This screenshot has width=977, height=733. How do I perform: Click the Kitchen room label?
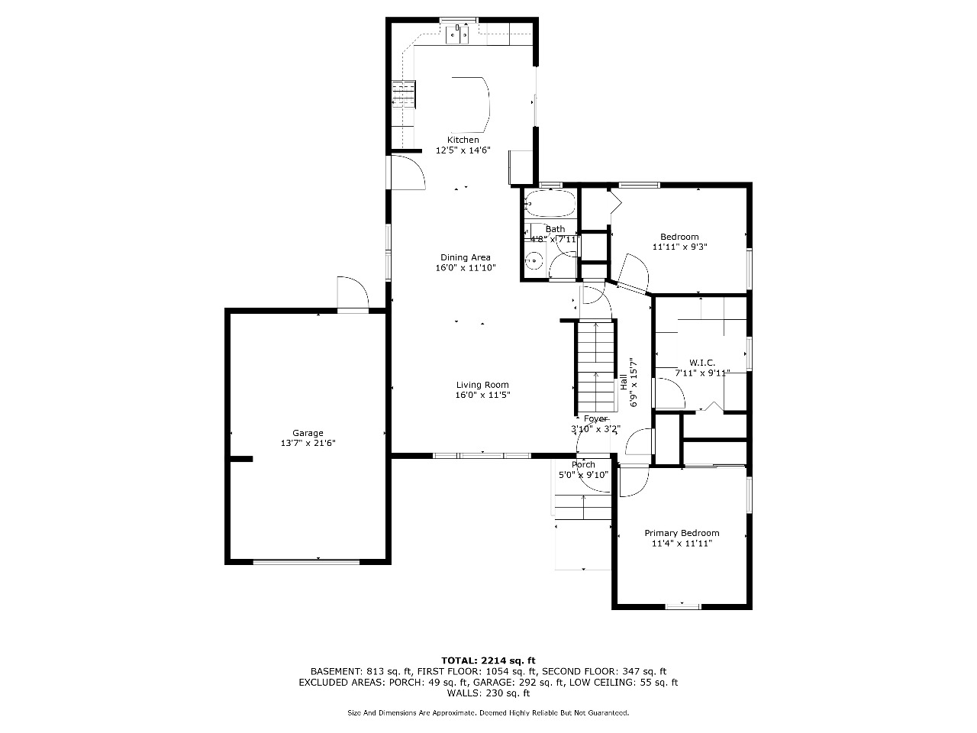463,140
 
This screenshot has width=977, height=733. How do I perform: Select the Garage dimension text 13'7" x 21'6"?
308,443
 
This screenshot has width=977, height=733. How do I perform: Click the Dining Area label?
466,257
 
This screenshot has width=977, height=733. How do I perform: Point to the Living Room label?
482,385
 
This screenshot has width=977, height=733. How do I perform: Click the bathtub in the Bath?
550,204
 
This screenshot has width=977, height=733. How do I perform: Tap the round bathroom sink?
534,261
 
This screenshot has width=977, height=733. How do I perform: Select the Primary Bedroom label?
682,533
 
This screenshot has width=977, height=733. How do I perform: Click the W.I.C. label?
702,363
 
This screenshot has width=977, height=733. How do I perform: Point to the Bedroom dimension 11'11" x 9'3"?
679,247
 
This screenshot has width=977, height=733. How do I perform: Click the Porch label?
584,465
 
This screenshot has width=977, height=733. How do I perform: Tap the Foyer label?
595,418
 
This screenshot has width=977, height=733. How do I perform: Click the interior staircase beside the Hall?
595,366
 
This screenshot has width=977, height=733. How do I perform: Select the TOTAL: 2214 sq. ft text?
488,660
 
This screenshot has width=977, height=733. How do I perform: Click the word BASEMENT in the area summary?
336,672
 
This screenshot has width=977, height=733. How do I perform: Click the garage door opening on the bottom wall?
306,562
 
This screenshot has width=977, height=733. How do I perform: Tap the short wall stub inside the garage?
241,459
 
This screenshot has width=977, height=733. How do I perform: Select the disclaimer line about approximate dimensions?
488,712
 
